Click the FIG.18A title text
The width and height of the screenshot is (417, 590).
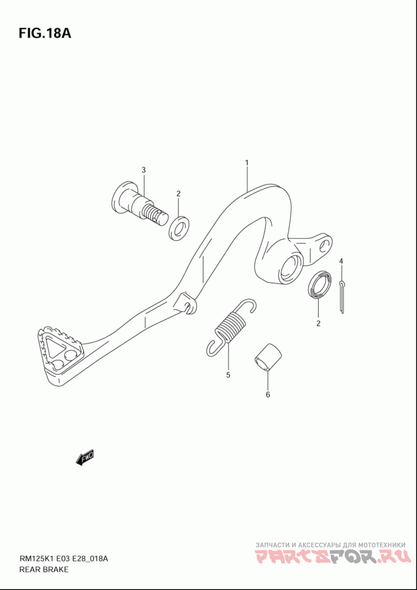(x=44, y=33)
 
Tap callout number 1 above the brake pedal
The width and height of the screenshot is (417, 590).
(x=247, y=162)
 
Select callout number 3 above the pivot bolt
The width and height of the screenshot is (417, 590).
(x=143, y=170)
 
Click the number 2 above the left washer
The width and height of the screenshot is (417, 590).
(x=179, y=194)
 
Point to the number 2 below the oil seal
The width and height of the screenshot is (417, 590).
(x=318, y=323)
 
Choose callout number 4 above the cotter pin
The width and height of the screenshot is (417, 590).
(x=341, y=261)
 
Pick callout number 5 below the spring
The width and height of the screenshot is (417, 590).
(x=228, y=375)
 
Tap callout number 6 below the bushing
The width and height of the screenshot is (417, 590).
(x=268, y=395)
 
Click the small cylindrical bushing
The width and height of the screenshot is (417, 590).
(x=267, y=358)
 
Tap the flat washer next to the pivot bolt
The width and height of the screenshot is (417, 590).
(x=179, y=228)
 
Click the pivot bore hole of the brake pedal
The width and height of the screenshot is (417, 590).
(x=291, y=267)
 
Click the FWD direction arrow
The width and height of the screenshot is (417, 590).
(x=85, y=457)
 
